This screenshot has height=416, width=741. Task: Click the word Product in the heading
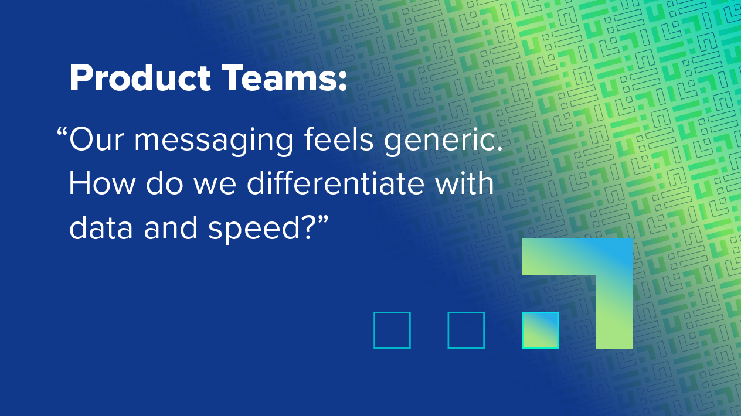(140, 78)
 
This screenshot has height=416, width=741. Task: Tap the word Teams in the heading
(279, 78)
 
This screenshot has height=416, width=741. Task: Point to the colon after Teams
(342, 81)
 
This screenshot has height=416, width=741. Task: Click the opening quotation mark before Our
(62, 132)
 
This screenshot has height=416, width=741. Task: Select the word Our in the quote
(96, 139)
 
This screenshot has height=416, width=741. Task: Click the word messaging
(213, 142)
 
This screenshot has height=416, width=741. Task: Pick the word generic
(443, 142)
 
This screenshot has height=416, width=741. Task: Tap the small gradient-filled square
(540, 330)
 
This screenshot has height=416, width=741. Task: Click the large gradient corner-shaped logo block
(614, 298)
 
